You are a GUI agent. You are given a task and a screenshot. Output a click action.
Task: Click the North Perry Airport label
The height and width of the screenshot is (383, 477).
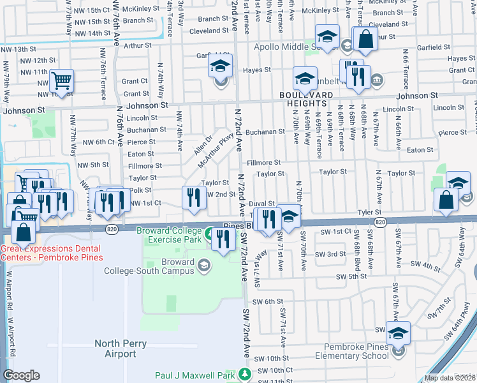point(121,349)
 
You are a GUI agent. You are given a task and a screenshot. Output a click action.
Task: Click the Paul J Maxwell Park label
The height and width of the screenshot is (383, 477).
point(196,375)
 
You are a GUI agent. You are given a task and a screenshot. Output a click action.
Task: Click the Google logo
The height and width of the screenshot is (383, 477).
point(21,375)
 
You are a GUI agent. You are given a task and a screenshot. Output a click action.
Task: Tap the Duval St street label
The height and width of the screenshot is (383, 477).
point(261,203)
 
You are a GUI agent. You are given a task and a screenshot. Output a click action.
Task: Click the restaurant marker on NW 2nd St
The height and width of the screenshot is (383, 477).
point(193,198)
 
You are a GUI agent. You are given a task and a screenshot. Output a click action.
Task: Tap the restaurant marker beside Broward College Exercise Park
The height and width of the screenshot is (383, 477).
point(223,240)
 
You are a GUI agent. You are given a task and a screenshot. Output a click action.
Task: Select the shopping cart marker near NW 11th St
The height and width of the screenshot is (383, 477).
point(61,82)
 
